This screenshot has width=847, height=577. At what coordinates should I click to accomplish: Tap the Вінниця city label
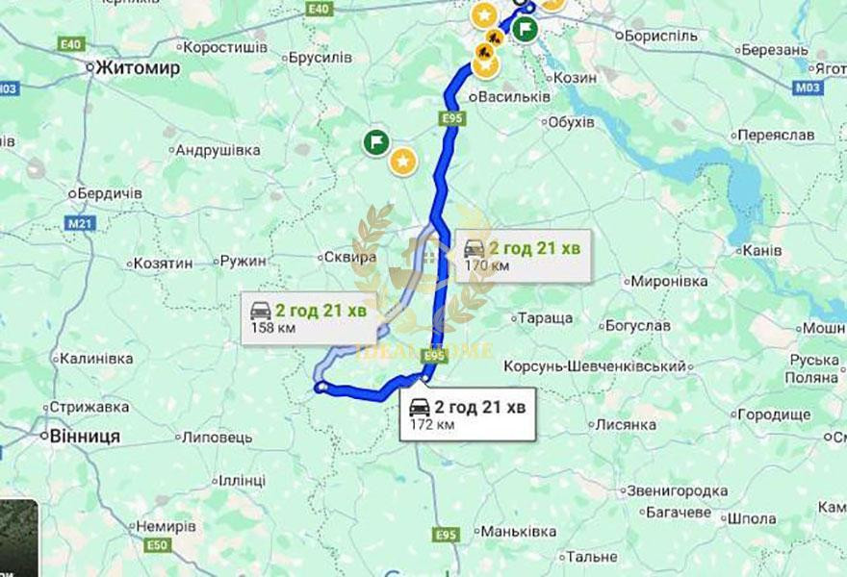click(x=84, y=437)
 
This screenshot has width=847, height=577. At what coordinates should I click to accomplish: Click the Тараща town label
click(x=545, y=317)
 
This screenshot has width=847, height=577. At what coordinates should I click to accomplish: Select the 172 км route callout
click(x=468, y=414)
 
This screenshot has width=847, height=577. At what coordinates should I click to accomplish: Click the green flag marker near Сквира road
click(x=376, y=143)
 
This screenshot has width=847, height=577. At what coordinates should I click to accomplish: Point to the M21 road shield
click(x=82, y=224)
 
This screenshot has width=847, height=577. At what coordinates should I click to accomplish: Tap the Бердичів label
click(x=110, y=193)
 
